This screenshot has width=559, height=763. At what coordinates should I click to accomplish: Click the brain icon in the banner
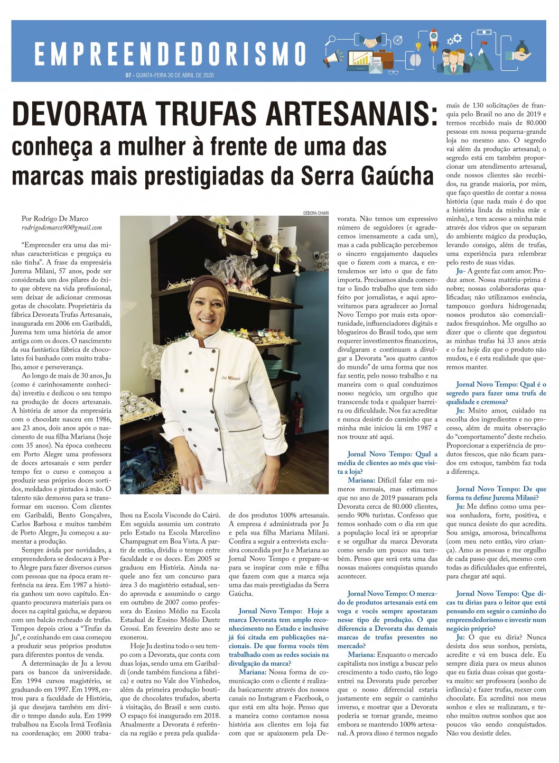click(x=416, y=60)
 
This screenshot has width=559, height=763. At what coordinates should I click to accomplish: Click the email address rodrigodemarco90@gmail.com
click(x=62, y=228)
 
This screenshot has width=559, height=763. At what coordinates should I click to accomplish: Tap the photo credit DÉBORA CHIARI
click(x=316, y=213)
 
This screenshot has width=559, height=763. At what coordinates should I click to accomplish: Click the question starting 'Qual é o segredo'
click(x=496, y=393)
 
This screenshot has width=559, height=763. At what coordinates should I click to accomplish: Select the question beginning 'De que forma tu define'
click(x=496, y=493)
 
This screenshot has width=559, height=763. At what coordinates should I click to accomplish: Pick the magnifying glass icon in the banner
click(x=331, y=40)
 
